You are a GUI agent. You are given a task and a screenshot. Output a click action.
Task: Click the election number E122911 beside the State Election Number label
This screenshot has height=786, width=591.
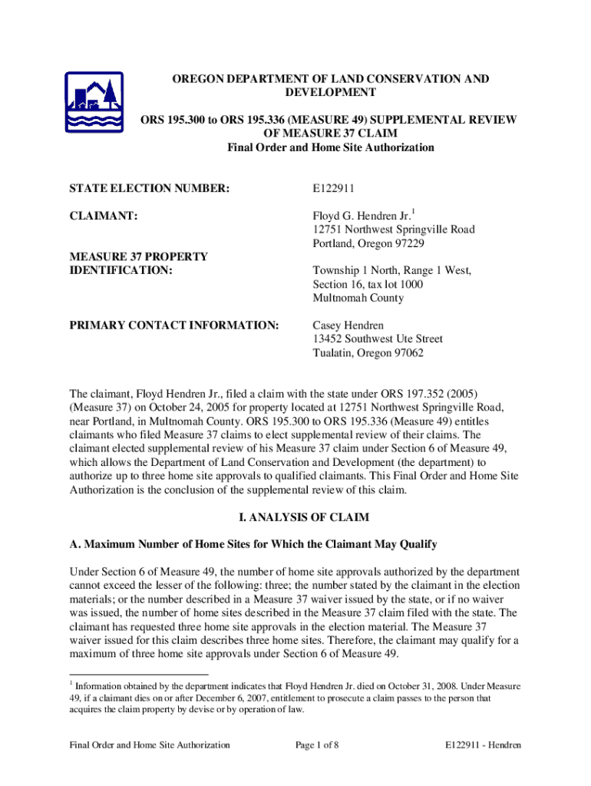[334, 188]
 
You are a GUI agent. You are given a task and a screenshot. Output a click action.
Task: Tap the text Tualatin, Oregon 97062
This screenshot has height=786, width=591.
[368, 353]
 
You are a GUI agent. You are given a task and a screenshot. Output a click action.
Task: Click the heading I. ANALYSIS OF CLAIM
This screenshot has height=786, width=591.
[295, 517]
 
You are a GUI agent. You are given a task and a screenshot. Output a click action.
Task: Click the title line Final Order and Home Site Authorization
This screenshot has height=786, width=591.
[331, 147]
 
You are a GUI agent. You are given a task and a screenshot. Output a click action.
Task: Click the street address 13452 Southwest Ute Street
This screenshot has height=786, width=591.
[378, 339]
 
